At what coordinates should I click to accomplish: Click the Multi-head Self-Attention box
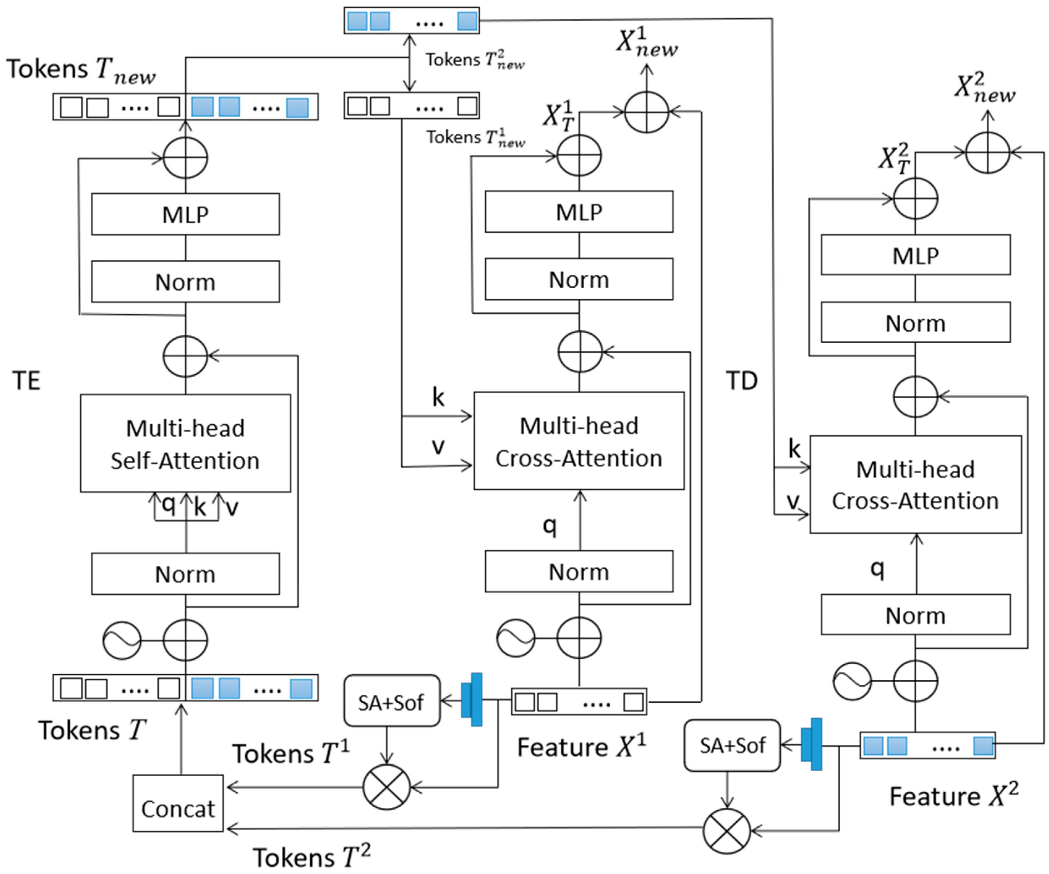tap(185, 443)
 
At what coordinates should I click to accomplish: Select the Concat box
tap(178, 803)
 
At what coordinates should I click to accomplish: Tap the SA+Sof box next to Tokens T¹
tap(392, 701)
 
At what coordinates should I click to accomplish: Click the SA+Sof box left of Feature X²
tap(732, 745)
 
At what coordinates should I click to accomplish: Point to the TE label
tap(26, 381)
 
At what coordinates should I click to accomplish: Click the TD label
tap(741, 381)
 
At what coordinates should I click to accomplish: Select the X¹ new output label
tap(647, 42)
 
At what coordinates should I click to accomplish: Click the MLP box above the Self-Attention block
tap(185, 214)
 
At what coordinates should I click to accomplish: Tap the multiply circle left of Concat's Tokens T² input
tap(727, 831)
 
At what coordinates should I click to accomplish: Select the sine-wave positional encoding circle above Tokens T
tap(122, 641)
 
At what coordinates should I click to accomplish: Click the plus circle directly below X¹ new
tap(647, 112)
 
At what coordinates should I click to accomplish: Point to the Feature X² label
tap(953, 795)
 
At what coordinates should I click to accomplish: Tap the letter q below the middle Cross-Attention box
tap(549, 525)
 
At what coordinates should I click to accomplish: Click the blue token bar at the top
tap(411, 21)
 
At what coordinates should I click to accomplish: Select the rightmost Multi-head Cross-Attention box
tap(915, 485)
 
